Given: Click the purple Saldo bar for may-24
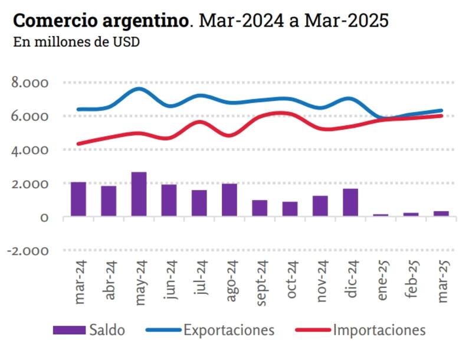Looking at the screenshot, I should [139, 194].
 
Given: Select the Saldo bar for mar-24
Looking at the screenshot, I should [78, 199].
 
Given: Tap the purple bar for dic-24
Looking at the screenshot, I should [350, 202].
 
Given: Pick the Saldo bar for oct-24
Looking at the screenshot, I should [290, 209].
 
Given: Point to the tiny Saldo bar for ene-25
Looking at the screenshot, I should [381, 215].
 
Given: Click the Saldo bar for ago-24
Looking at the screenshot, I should [230, 200].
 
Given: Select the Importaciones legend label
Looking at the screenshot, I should [379, 329].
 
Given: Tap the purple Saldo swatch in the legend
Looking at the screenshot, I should [69, 330].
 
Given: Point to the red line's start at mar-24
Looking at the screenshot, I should [78, 143].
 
